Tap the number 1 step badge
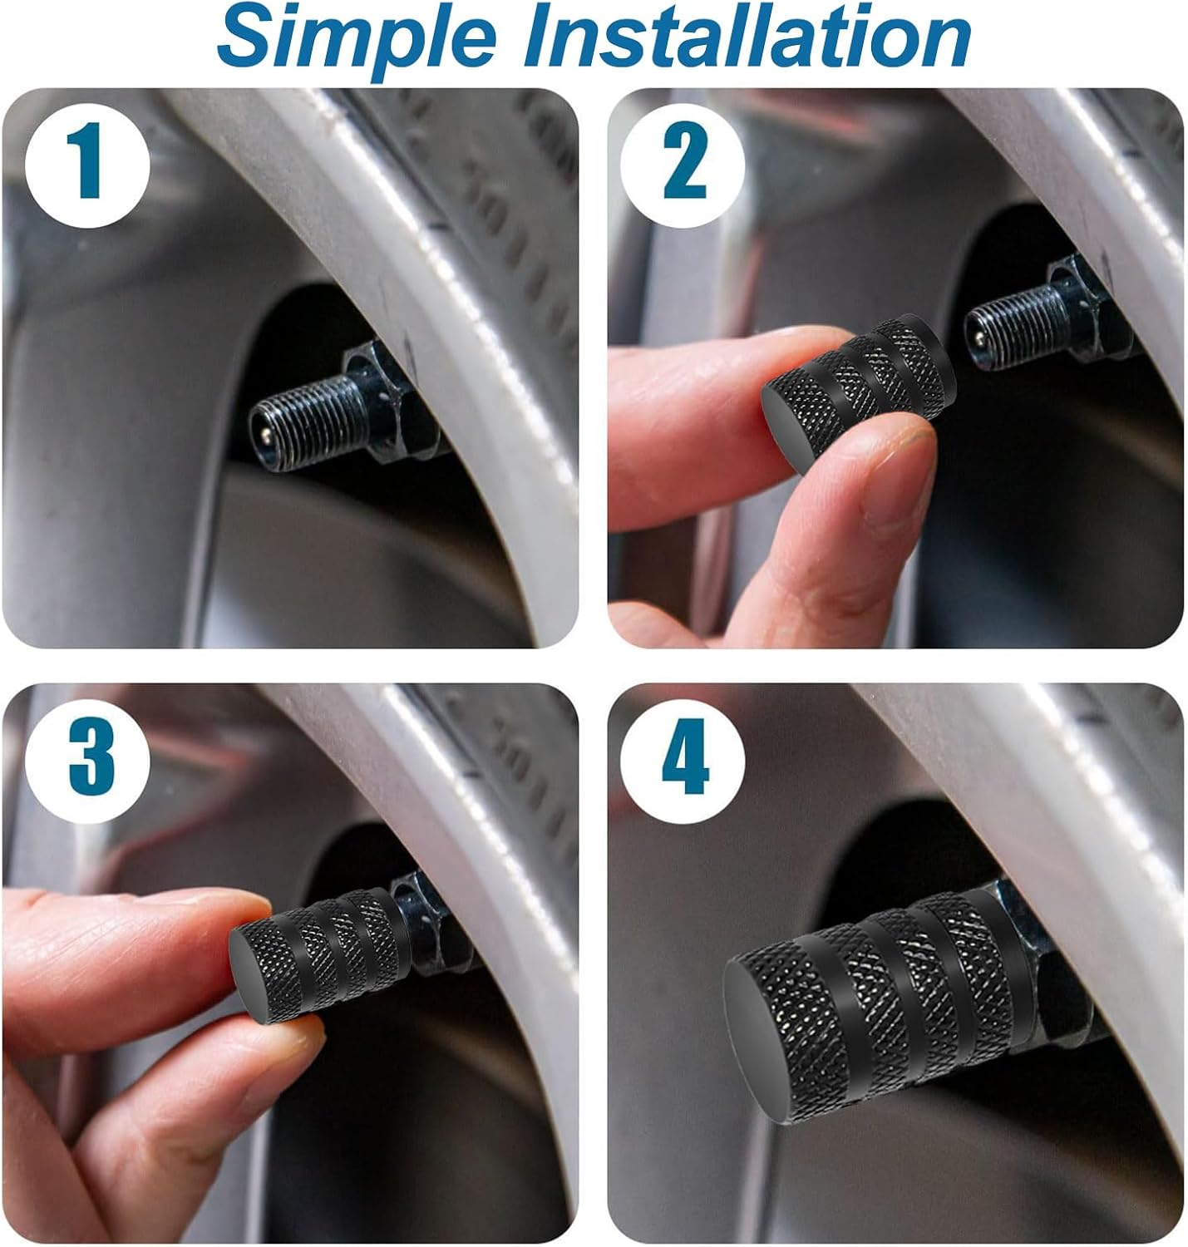point(87,167)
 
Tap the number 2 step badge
point(683,165)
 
